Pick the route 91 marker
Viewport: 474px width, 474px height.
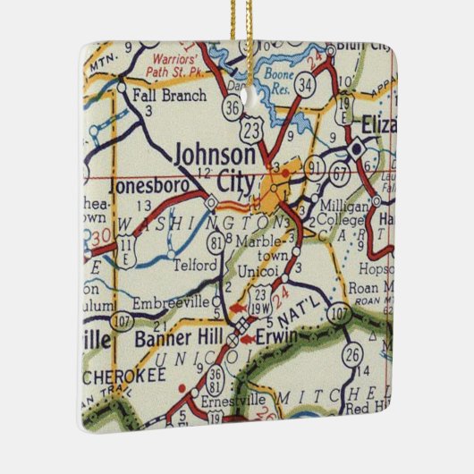coord(314,165)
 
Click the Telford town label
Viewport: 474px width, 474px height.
coord(194,265)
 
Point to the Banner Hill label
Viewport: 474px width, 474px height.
coord(173,339)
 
